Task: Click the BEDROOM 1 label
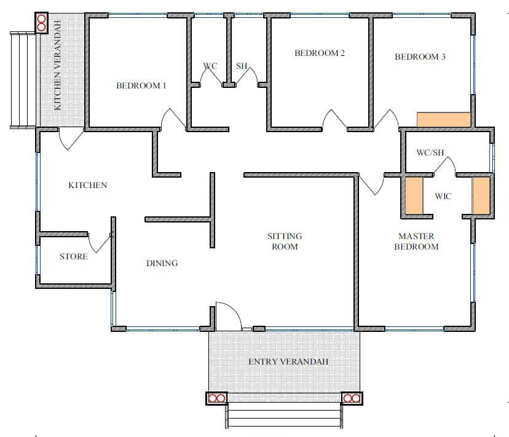(141, 85)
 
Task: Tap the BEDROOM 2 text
(320, 53)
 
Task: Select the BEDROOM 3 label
(420, 57)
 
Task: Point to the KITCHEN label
(88, 185)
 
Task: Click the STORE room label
(74, 256)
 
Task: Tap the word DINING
(162, 263)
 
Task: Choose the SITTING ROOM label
(285, 241)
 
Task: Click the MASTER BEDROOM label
(417, 241)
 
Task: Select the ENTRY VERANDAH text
(288, 361)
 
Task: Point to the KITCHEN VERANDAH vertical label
(57, 65)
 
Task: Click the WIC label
(443, 196)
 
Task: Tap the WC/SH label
(430, 152)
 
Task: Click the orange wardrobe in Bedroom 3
(444, 120)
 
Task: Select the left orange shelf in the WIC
(414, 195)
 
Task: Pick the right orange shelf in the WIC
(481, 195)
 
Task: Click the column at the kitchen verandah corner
(42, 23)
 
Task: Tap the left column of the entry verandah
(217, 398)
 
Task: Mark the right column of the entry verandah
(352, 398)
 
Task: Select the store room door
(100, 243)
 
